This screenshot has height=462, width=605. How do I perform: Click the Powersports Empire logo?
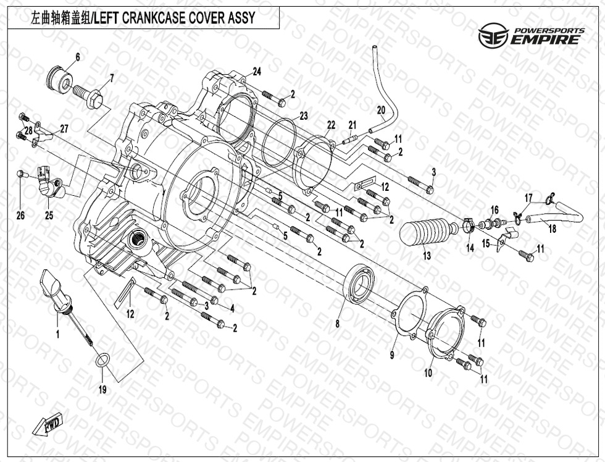coord(531,36)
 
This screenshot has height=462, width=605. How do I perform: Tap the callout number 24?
coord(257,72)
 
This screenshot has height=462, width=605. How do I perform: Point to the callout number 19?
coord(102,389)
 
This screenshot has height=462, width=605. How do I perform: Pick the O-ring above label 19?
coord(102,360)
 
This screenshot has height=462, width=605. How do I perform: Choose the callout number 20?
coord(381,110)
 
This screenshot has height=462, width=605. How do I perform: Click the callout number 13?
coord(427,256)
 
